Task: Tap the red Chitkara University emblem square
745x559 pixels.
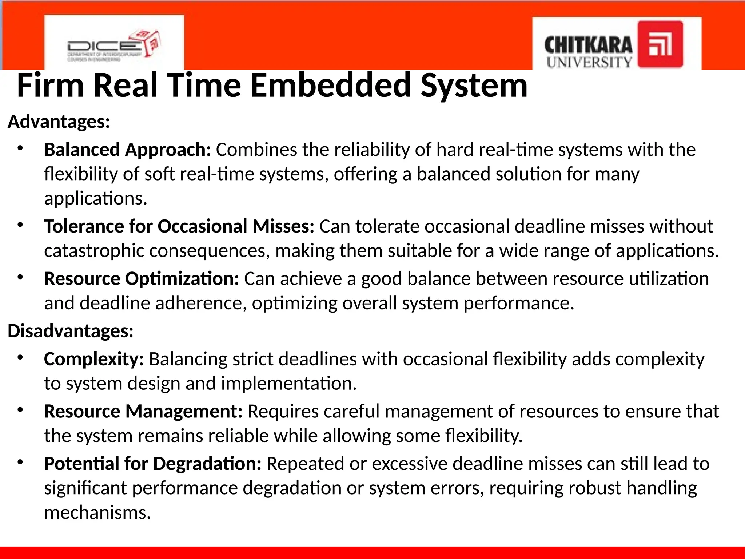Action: [x=660, y=44]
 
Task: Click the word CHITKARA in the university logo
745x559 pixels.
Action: [x=588, y=46]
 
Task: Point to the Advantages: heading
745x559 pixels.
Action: [x=59, y=122]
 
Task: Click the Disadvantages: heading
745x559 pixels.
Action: [x=71, y=331]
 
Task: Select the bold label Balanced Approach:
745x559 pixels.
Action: [x=127, y=150]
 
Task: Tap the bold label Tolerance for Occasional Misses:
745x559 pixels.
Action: [x=179, y=226]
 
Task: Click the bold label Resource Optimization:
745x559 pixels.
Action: [x=141, y=279]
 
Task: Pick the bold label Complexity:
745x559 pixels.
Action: [x=94, y=359]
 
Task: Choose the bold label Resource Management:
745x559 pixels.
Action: [x=143, y=412]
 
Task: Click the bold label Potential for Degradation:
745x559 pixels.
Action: [x=152, y=464]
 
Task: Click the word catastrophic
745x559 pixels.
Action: [x=94, y=251]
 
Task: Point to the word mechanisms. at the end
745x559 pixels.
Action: [x=97, y=513]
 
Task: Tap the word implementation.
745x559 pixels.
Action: [x=289, y=384]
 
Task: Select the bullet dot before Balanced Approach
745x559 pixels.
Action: [x=20, y=148]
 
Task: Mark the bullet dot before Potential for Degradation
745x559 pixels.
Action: [x=20, y=463]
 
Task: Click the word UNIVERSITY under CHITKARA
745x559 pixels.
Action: [x=589, y=62]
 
